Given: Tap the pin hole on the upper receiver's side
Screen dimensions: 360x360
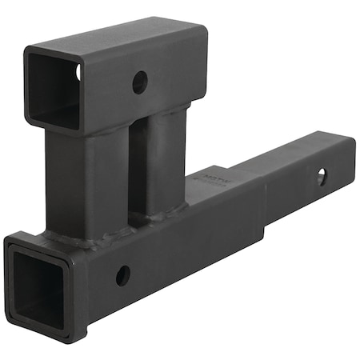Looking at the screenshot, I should point(140,81).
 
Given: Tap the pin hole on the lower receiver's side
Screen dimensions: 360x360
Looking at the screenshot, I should point(122,275).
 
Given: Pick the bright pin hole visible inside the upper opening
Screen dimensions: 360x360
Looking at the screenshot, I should point(78,72).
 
